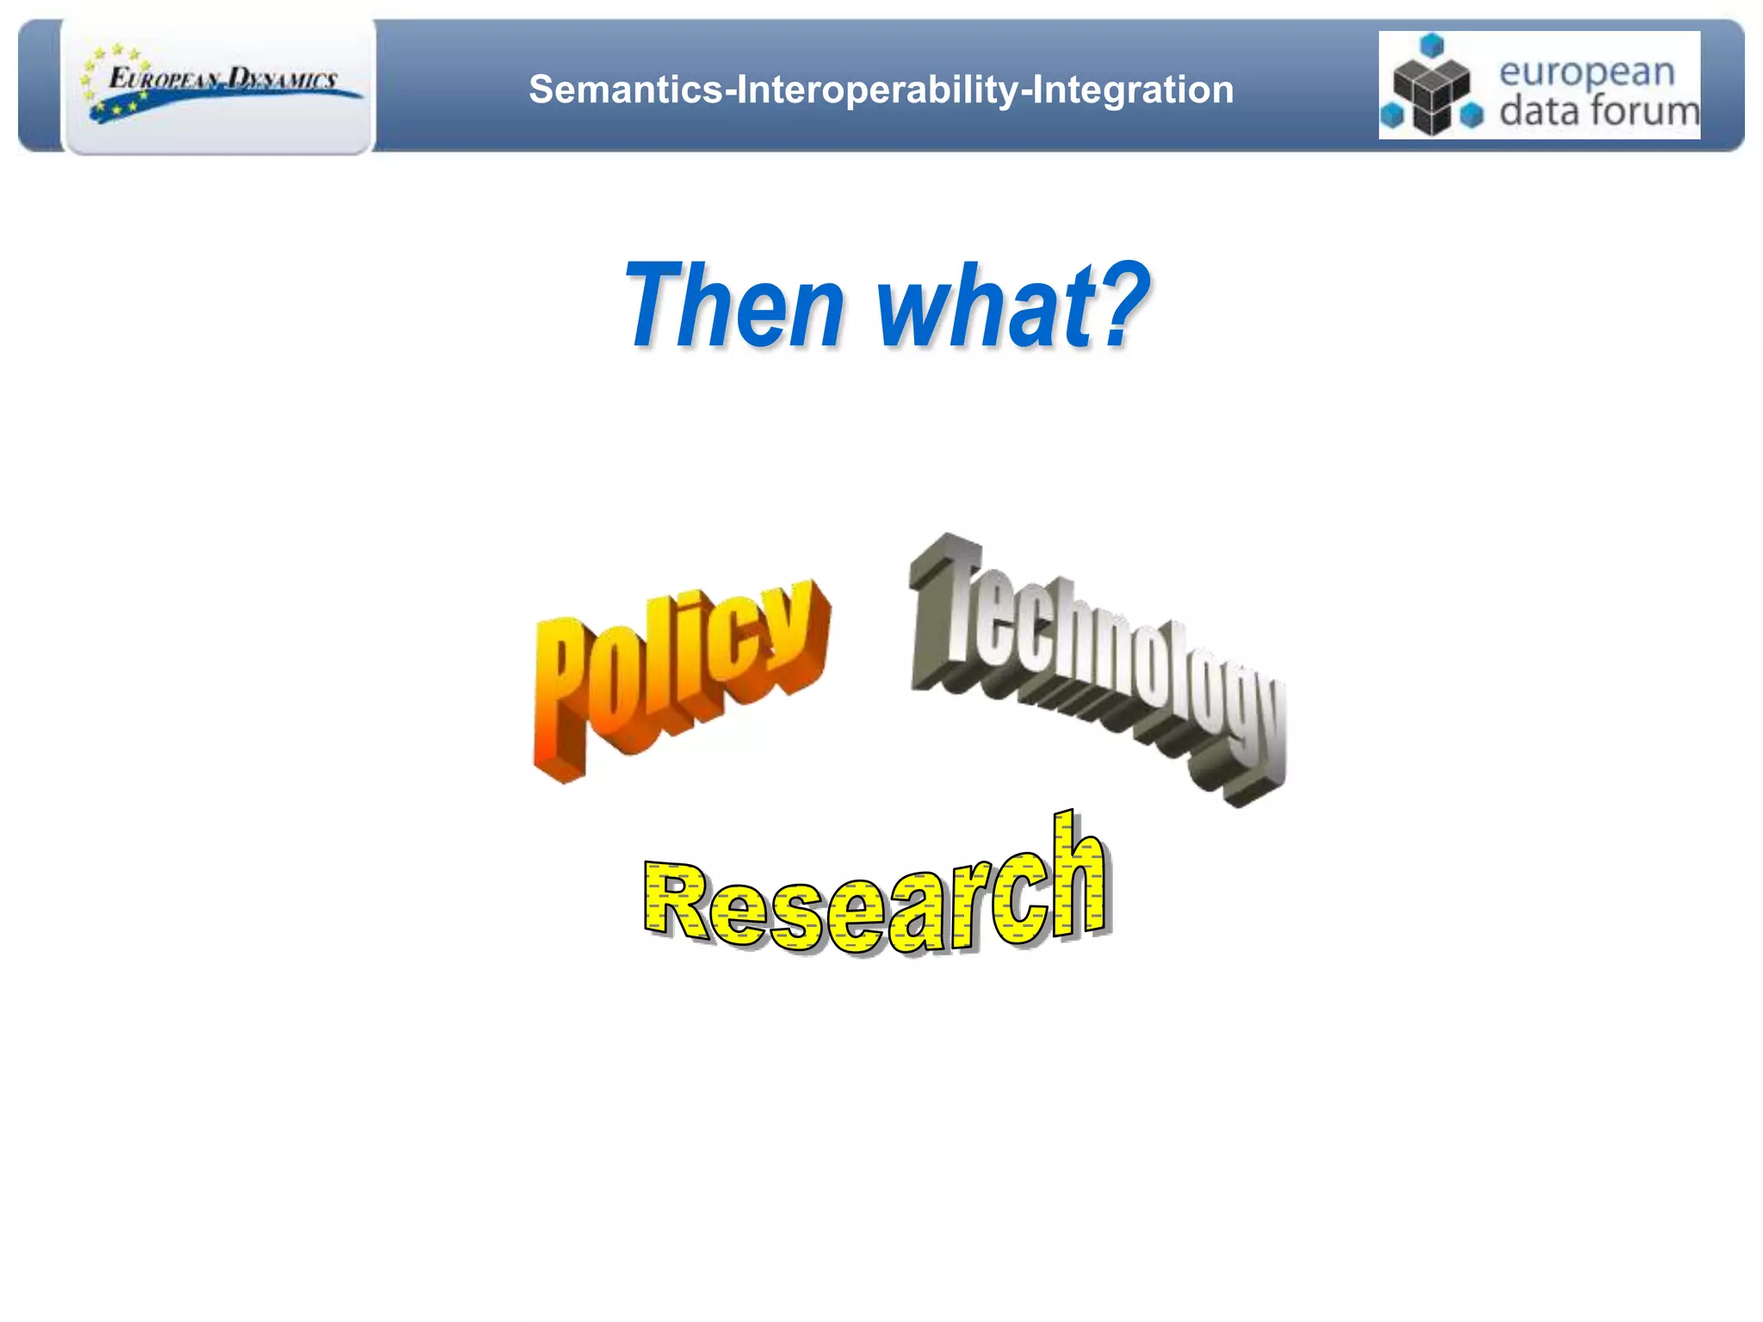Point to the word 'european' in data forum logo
[1587, 71]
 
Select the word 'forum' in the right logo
[1644, 111]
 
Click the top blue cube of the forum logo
[1431, 45]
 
